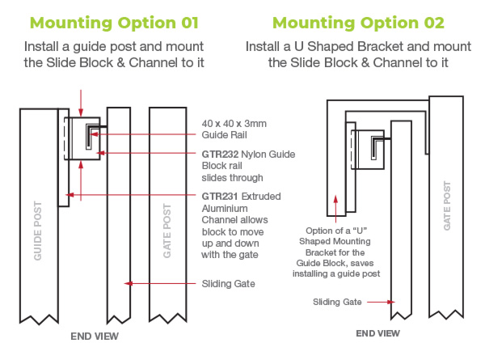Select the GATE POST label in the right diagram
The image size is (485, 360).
coord(446,206)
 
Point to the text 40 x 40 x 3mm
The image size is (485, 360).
coord(232,122)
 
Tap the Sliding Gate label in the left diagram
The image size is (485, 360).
coord(229,283)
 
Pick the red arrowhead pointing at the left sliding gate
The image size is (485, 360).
coord(124,283)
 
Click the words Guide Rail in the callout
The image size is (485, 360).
coord(223,133)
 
